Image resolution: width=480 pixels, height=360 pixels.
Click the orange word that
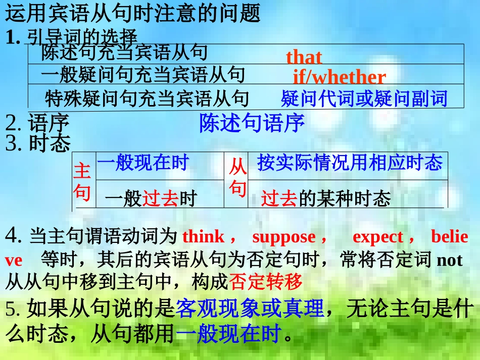pyautogui.click(x=304, y=57)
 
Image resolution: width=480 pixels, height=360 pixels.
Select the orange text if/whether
pyautogui.click(x=339, y=77)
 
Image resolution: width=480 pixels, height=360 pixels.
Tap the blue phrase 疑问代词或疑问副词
pyautogui.click(x=364, y=98)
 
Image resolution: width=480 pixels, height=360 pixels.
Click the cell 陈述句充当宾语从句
pyautogui.click(x=124, y=53)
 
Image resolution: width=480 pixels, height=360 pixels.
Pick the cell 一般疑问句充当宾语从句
pyautogui.click(x=142, y=75)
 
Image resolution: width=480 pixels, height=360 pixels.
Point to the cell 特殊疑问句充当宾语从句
pyautogui.click(x=147, y=98)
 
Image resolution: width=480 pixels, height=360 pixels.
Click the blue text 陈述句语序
pyautogui.click(x=252, y=123)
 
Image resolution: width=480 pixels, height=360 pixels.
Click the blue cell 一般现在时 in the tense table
pyautogui.click(x=142, y=163)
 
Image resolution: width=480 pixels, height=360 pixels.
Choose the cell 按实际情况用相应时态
pyautogui.click(x=350, y=163)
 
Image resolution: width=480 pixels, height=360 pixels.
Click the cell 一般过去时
pyautogui.click(x=150, y=199)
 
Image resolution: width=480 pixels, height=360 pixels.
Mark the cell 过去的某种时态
pyautogui.click(x=326, y=199)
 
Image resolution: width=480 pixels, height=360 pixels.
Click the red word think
pyautogui.click(x=203, y=237)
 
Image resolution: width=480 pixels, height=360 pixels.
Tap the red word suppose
pyautogui.click(x=283, y=237)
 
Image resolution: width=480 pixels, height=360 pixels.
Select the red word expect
pyautogui.click(x=377, y=237)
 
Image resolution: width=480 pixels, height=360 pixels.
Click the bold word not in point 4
pyautogui.click(x=449, y=260)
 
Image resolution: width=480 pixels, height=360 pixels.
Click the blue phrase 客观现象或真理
pyautogui.click(x=249, y=308)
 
